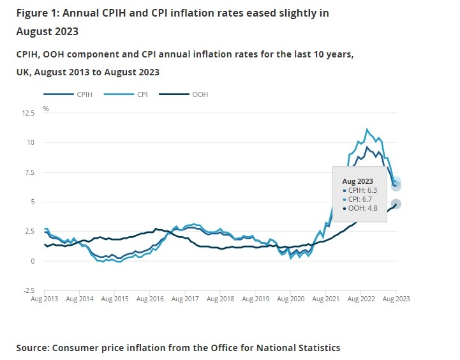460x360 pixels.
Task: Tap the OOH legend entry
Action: tap(199, 94)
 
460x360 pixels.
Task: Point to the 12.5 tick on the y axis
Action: tap(28, 113)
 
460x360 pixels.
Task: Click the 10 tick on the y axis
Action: tap(31, 142)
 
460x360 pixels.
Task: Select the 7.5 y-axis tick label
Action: tap(30, 172)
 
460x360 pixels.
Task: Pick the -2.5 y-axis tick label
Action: tap(29, 290)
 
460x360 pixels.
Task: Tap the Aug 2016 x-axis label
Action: tap(148, 298)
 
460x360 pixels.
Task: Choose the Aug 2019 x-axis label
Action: tap(254, 298)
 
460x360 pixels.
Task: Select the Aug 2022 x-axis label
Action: tap(360, 298)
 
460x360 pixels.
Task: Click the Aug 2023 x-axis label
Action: tap(396, 298)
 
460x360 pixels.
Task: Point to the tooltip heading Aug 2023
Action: tap(357, 182)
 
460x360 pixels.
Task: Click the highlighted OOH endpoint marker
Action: tap(396, 204)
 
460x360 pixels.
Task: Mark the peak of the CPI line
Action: tap(367, 130)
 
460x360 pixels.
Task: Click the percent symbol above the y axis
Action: tap(46, 109)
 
